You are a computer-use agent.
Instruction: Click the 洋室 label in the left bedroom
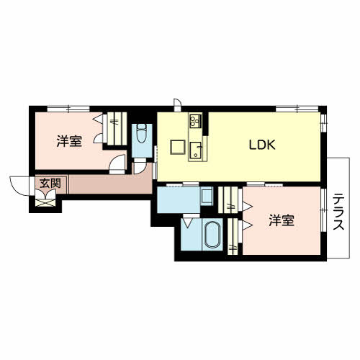click(x=68, y=141)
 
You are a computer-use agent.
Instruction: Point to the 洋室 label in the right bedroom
click(x=282, y=220)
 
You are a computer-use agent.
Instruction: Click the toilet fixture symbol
click(x=141, y=135)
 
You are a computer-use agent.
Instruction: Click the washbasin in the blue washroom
click(x=206, y=196)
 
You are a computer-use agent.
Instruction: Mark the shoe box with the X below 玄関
click(x=47, y=201)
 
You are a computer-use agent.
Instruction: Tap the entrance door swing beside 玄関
click(x=19, y=186)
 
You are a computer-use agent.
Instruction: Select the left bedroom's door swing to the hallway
click(x=114, y=165)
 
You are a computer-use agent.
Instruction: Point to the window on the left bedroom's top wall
click(x=68, y=108)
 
